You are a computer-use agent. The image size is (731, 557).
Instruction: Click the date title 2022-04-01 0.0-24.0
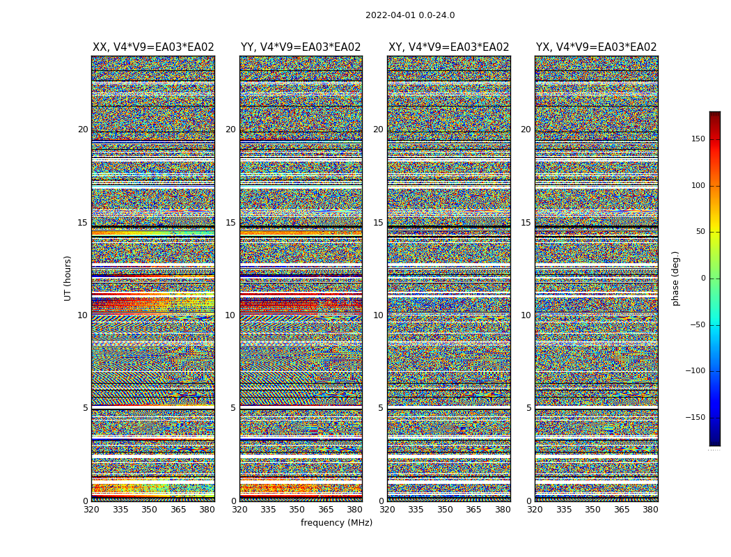click(410, 15)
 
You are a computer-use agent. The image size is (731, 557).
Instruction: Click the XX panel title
click(153, 47)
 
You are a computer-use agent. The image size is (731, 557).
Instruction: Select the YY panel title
click(301, 47)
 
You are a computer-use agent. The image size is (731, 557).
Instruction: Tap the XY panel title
click(449, 47)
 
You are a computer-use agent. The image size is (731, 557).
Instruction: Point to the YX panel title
click(597, 47)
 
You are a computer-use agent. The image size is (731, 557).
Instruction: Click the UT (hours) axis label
click(68, 278)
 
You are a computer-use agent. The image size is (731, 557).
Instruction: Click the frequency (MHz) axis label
click(336, 523)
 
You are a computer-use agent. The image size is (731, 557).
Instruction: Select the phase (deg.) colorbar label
click(675, 278)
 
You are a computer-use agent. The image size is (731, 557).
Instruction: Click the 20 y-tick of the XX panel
click(83, 130)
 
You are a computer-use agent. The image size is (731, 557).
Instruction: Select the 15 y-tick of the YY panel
click(230, 223)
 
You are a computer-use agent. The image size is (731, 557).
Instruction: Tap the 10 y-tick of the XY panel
click(378, 315)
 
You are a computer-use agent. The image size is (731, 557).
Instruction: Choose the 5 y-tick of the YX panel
click(528, 408)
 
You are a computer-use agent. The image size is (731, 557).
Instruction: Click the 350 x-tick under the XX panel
click(150, 510)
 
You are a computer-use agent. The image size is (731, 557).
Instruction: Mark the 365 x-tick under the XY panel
click(474, 510)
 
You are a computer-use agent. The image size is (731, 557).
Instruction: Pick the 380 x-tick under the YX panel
click(650, 510)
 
